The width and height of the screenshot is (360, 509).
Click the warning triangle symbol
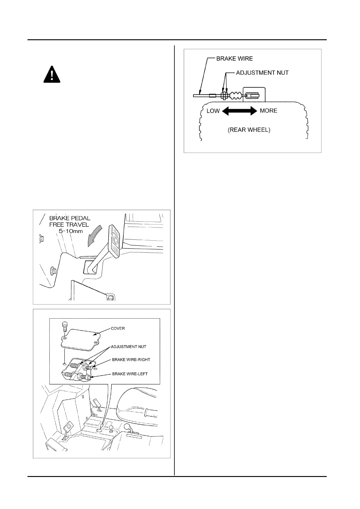pos(52,74)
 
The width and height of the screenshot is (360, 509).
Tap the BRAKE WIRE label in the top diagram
pos(235,59)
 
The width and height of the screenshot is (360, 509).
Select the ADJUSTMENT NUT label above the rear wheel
pos(262,73)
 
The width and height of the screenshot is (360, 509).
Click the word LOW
pos(213,111)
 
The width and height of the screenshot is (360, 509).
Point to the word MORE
pos(268,111)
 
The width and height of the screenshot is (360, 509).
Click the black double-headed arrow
pos(239,111)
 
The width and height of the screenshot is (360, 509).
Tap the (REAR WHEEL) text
pos(249,130)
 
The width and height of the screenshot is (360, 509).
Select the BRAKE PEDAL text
pos(70,218)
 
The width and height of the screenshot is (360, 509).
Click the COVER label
pos(118,328)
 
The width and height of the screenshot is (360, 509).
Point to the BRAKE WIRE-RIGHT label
pos(131,360)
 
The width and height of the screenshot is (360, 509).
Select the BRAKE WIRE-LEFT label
pos(130,374)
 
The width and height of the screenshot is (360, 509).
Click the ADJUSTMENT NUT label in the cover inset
pos(128,347)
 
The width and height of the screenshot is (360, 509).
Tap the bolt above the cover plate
pos(64,326)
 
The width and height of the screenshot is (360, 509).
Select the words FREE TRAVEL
pos(69,225)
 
